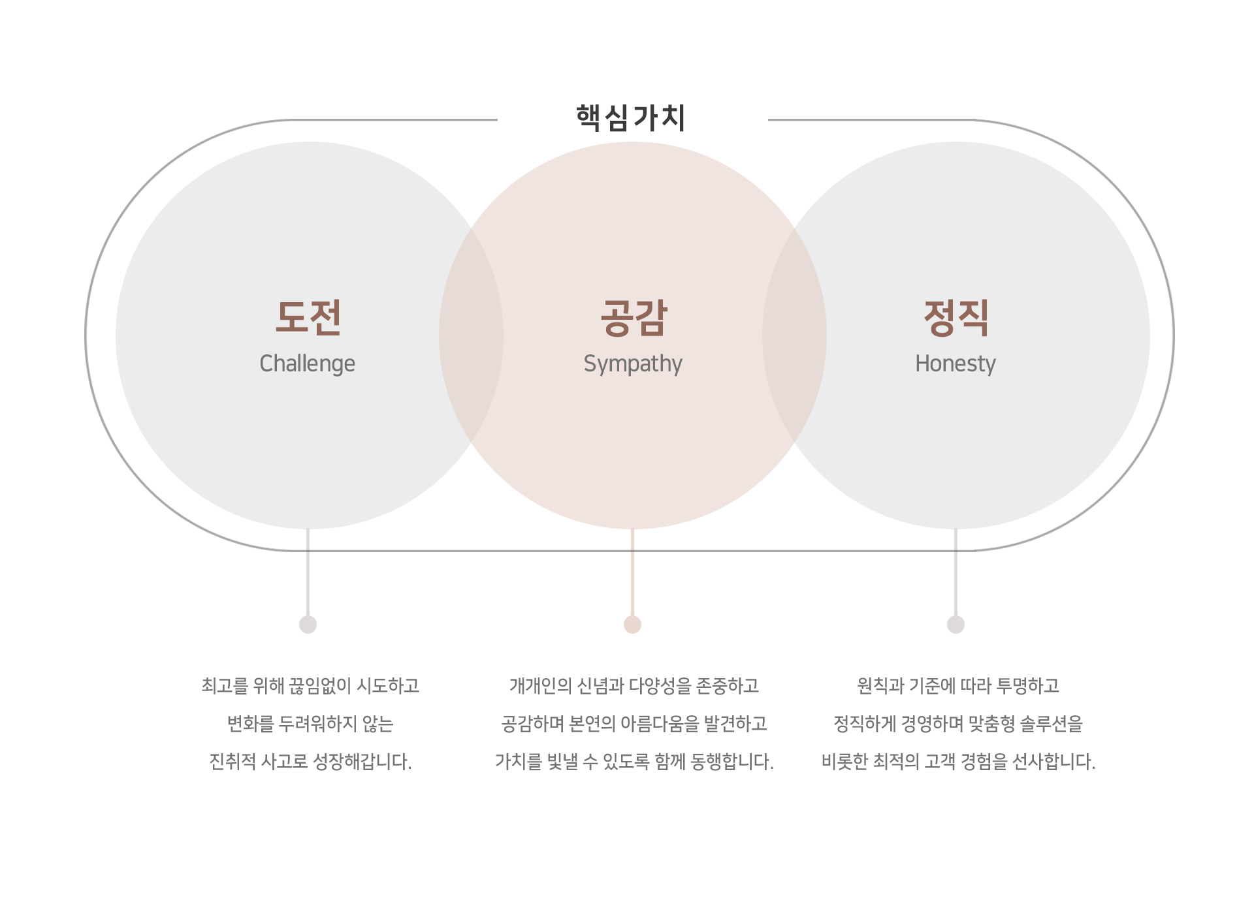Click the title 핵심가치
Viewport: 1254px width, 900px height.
click(x=631, y=118)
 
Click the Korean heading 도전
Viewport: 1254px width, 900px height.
click(x=308, y=318)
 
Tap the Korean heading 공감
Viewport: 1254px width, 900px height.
click(x=634, y=318)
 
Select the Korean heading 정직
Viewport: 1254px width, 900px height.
click(x=956, y=318)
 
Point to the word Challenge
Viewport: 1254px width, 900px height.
click(x=307, y=364)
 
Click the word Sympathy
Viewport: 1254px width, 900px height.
click(x=632, y=364)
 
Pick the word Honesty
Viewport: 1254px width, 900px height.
click(x=955, y=364)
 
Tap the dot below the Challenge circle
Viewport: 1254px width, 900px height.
click(x=308, y=625)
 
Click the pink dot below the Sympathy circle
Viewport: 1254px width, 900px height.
click(x=632, y=625)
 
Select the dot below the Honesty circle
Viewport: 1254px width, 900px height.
click(x=956, y=625)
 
